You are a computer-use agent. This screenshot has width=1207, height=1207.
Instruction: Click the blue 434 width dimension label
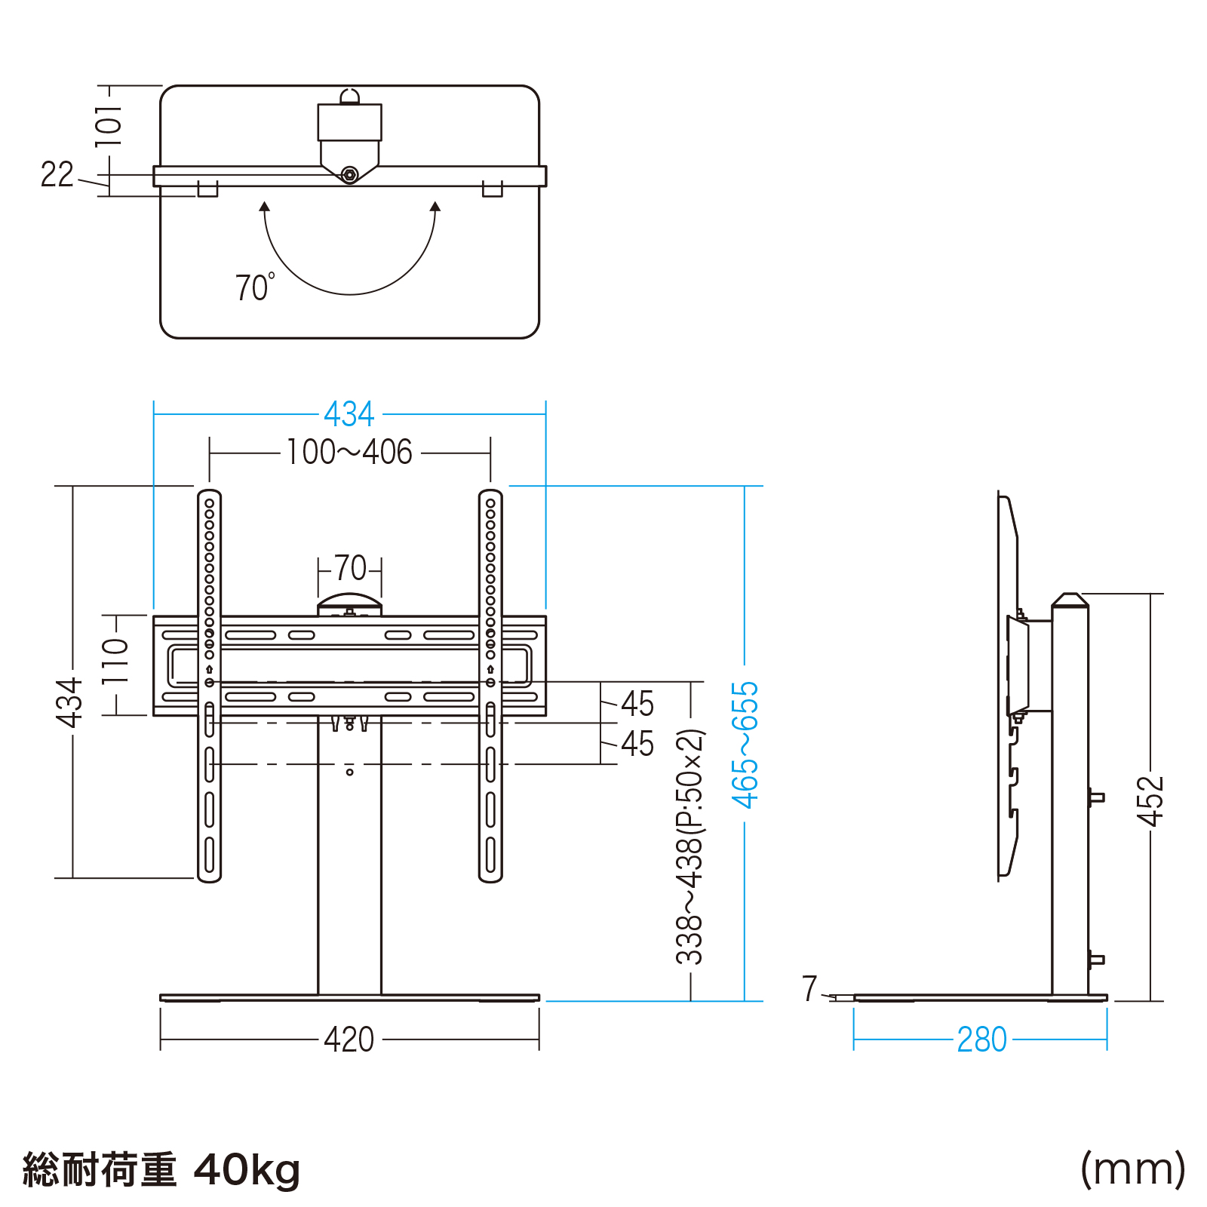pyautogui.click(x=349, y=414)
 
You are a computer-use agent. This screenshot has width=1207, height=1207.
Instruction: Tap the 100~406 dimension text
pyautogui.click(x=349, y=453)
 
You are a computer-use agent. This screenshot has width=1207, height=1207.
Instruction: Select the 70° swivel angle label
pyautogui.click(x=254, y=287)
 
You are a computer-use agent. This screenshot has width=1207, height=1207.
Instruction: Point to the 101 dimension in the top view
pyautogui.click(x=108, y=125)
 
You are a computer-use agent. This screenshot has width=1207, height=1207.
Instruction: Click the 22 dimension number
pyautogui.click(x=57, y=175)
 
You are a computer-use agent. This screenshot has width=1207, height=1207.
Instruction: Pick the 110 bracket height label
pyautogui.click(x=115, y=661)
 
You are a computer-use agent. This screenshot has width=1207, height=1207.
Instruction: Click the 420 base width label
pyautogui.click(x=349, y=1040)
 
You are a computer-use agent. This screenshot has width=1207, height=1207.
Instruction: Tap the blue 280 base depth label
pyautogui.click(x=981, y=1040)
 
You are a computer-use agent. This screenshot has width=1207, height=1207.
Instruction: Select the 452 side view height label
pyautogui.click(x=1150, y=800)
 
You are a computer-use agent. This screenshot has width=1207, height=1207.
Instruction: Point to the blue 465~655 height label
pyautogui.click(x=745, y=745)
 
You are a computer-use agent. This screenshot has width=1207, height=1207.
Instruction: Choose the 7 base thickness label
pyautogui.click(x=809, y=988)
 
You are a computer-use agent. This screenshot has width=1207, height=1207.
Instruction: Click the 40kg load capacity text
pyautogui.click(x=247, y=1169)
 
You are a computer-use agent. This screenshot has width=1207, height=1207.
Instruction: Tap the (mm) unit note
pyautogui.click(x=1132, y=1169)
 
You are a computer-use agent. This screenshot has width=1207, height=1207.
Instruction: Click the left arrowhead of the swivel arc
pyautogui.click(x=264, y=206)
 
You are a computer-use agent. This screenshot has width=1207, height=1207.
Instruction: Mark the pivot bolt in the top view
pyautogui.click(x=349, y=175)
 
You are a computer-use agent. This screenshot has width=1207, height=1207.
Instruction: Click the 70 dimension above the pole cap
pyautogui.click(x=350, y=568)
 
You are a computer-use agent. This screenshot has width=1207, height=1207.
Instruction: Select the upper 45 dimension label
pyautogui.click(x=637, y=704)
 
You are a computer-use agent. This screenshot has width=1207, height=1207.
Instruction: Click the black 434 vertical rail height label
pyautogui.click(x=69, y=703)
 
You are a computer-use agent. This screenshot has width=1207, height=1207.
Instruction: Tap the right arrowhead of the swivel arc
pyautogui.click(x=435, y=206)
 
